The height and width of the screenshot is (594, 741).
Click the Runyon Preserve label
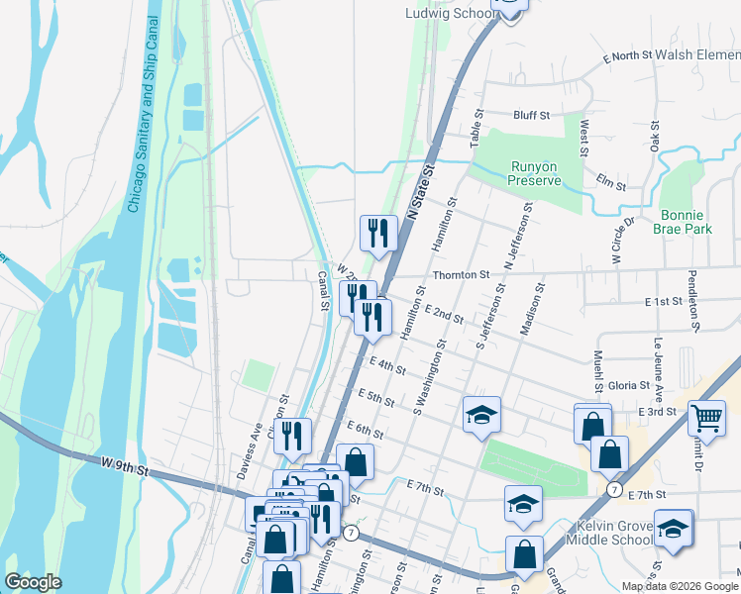click(x=534, y=173)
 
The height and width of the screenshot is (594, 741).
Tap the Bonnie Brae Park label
click(x=683, y=221)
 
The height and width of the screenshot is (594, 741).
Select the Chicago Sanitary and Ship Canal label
click(x=141, y=115)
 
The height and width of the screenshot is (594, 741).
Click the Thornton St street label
click(x=460, y=274)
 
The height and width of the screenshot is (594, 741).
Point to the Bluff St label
click(x=531, y=116)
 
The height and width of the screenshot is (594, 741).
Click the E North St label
click(x=627, y=57)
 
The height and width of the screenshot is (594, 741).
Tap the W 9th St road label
click(x=123, y=463)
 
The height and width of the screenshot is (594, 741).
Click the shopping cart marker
click(x=706, y=419)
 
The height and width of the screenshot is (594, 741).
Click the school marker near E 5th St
click(x=481, y=415)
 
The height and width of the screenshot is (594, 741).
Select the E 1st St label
click(x=663, y=301)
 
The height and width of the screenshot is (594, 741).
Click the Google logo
click(x=33, y=582)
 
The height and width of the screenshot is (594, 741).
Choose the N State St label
click(x=422, y=192)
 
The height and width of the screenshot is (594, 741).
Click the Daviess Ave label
click(x=249, y=449)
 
